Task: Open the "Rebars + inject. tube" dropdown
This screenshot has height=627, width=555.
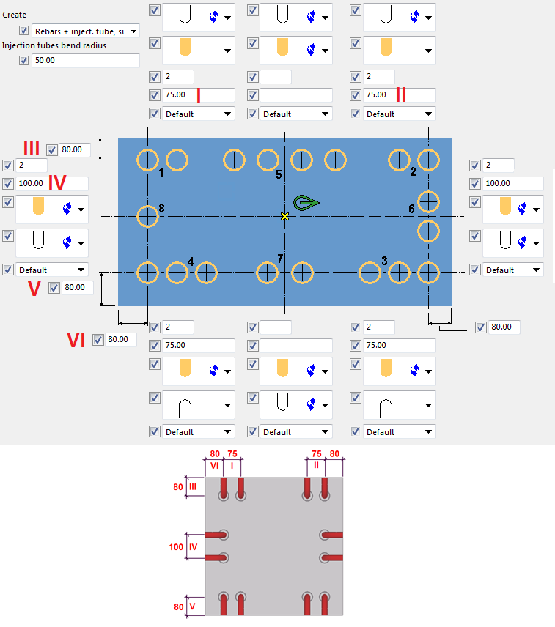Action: click(x=85, y=31)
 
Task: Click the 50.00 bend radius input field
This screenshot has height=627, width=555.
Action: click(x=86, y=60)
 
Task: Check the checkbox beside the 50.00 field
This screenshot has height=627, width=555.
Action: click(x=23, y=60)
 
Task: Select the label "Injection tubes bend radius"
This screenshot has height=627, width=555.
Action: click(x=54, y=45)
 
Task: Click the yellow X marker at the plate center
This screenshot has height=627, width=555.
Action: click(x=284, y=216)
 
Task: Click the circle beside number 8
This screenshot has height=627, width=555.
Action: click(x=147, y=216)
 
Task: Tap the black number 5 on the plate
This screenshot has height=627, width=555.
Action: click(x=279, y=174)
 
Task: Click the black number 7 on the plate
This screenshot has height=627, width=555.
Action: click(x=279, y=258)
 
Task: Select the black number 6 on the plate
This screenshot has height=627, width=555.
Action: click(x=411, y=209)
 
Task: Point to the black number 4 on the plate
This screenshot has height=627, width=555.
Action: click(x=191, y=261)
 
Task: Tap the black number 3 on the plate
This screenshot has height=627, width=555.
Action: click(x=384, y=261)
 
